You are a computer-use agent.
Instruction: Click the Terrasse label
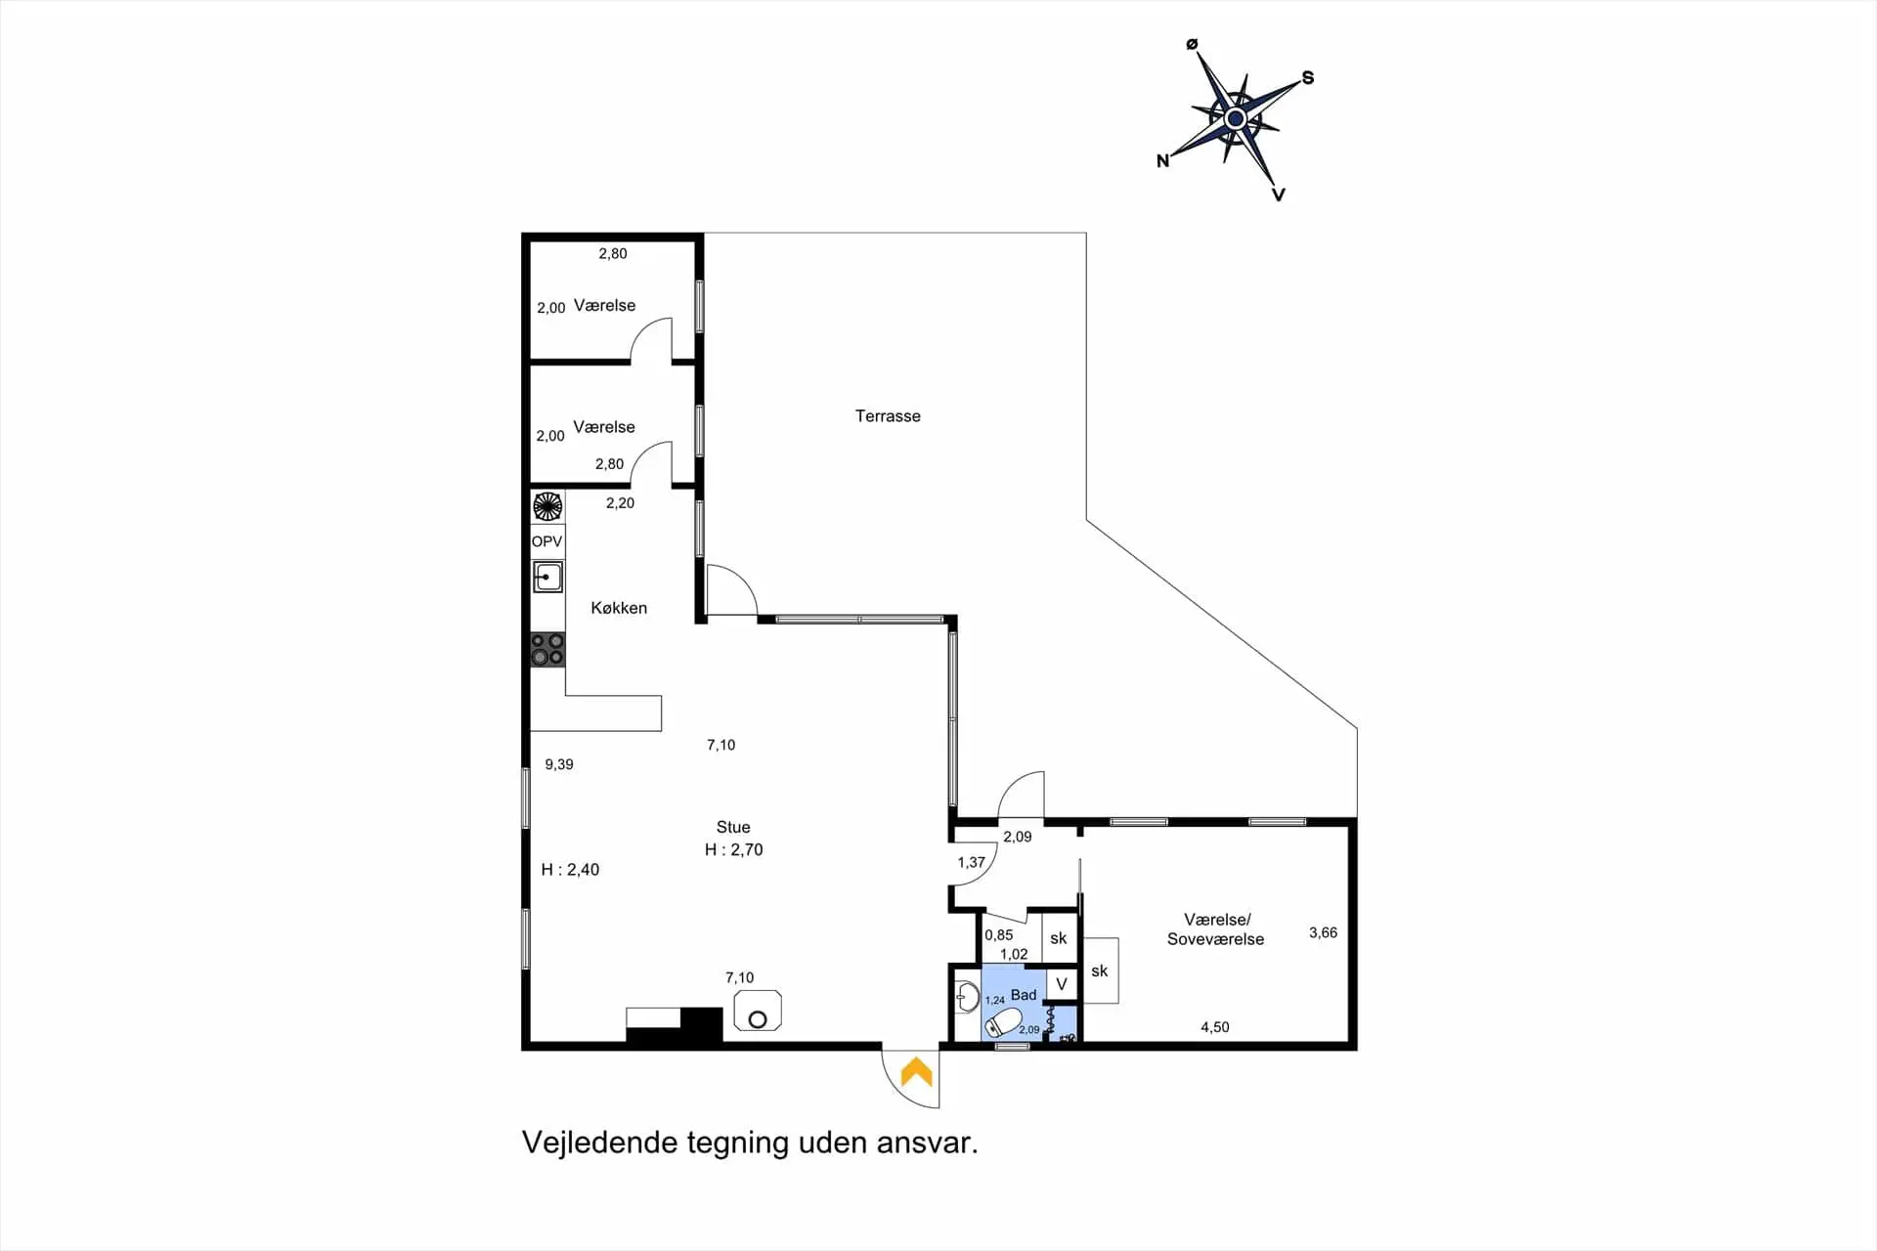(888, 416)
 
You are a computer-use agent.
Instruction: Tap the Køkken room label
(619, 608)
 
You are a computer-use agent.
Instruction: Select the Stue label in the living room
(733, 827)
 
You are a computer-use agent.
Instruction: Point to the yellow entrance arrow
(916, 1072)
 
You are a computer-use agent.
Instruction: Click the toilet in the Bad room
(1002, 1023)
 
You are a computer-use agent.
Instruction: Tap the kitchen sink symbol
(547, 577)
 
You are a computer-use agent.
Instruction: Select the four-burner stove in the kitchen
(547, 650)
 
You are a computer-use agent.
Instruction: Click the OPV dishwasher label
(546, 541)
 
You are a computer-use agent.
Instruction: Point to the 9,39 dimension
(559, 764)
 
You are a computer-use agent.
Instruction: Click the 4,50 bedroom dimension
(1215, 1027)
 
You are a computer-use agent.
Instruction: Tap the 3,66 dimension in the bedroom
(1323, 932)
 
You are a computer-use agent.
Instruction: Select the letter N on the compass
(1162, 161)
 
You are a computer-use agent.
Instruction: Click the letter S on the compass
(1308, 78)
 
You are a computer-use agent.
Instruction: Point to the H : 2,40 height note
(570, 870)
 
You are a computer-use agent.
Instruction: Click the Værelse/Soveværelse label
(1215, 929)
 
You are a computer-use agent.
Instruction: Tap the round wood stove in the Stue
(758, 1011)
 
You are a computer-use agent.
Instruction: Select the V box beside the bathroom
(1062, 984)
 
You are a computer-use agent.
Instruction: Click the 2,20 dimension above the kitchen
(620, 503)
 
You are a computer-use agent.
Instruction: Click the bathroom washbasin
(967, 997)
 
